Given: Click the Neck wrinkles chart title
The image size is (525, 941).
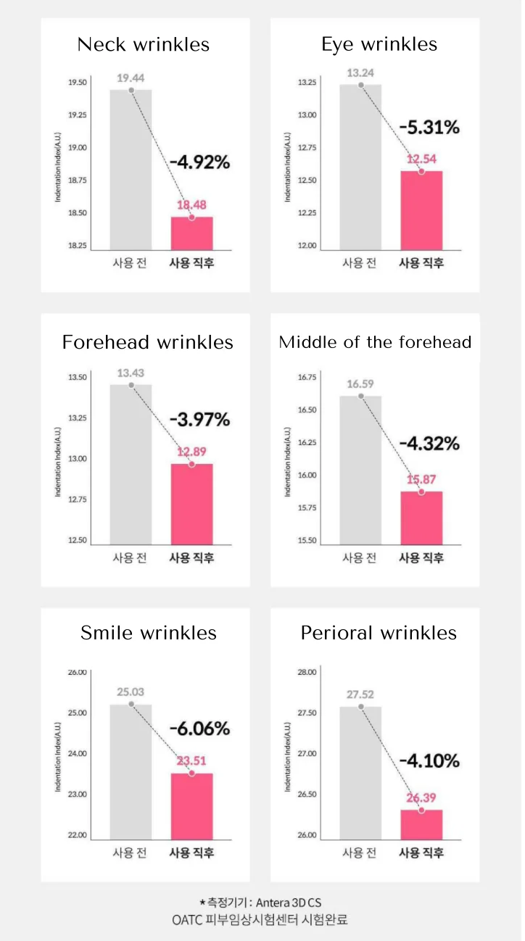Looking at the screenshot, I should (x=144, y=45).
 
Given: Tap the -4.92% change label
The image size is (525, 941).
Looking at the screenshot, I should (x=199, y=162).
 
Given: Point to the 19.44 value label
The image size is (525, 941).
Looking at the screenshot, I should (x=131, y=76).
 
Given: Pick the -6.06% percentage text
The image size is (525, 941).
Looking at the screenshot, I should (x=199, y=728).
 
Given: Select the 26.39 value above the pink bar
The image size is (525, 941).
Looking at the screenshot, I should (x=421, y=797).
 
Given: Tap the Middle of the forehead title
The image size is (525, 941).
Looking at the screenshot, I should (x=375, y=342).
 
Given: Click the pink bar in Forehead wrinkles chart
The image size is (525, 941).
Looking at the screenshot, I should (x=191, y=504).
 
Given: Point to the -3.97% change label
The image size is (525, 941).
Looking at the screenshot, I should (x=199, y=420).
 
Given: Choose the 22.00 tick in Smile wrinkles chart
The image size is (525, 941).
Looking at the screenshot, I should (x=77, y=835).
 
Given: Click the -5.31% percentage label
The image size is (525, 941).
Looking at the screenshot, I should (x=429, y=128).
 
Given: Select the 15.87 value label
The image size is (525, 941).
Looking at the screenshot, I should (x=421, y=479).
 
